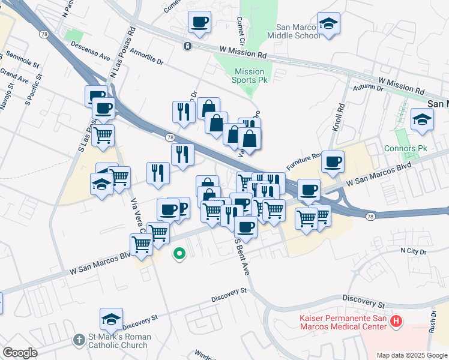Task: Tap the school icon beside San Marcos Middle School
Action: coord(328,24)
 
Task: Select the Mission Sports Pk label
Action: coord(249,76)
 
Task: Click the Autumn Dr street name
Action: coord(367,88)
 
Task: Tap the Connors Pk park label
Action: coord(404,148)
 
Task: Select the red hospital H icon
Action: coord(396,322)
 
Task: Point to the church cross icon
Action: coord(79,340)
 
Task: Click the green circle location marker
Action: coord(178,254)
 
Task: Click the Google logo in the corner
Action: coord(20,352)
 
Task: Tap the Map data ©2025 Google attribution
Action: coord(411,355)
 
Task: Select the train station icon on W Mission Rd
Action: coord(188,46)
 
